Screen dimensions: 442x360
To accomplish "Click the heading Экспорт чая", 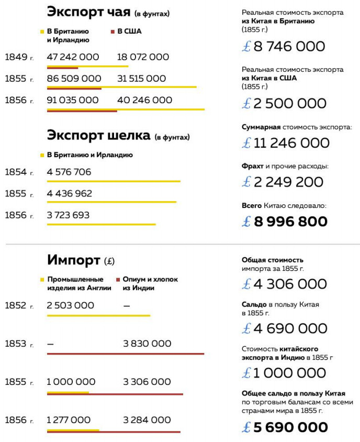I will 88,12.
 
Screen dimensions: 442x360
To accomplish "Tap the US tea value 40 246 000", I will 144,100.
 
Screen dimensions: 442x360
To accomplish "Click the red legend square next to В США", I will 113,31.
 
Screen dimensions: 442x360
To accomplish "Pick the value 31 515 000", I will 141,79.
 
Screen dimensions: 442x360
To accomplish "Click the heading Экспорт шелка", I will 99,136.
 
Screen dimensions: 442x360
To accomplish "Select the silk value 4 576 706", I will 69,172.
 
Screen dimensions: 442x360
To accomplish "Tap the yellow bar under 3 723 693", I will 101,224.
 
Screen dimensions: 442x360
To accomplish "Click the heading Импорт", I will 74,260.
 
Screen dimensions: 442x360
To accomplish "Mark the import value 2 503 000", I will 70,305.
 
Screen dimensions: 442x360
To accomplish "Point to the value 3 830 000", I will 147,344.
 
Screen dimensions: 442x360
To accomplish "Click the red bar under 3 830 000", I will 125,354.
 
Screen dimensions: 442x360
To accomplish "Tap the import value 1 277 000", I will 68,420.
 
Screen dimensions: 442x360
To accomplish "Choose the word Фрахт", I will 253,167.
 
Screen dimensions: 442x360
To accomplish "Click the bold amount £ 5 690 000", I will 285,427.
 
